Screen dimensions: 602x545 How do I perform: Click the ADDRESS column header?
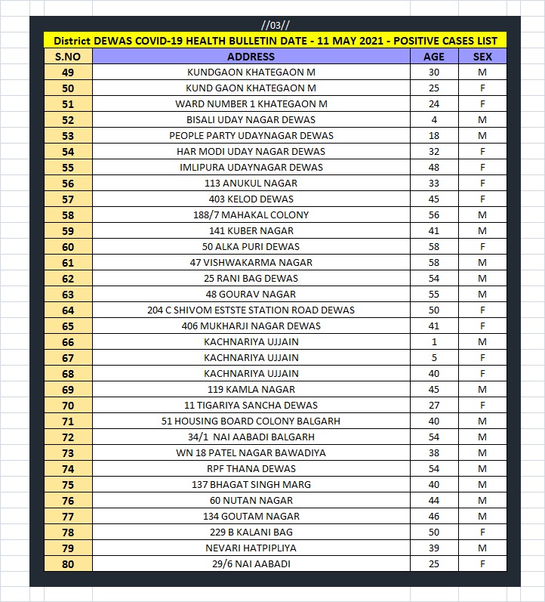(251, 57)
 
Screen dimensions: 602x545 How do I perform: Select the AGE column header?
(434, 57)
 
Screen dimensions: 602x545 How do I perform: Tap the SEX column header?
(482, 57)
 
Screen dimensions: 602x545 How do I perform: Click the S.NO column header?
(68, 57)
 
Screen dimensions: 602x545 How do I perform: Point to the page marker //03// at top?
(274, 25)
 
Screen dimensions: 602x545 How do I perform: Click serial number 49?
(68, 73)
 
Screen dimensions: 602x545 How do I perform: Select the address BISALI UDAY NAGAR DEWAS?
(251, 120)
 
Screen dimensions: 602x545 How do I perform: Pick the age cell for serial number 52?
(434, 120)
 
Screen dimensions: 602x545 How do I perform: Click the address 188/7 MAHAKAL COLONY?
(251, 215)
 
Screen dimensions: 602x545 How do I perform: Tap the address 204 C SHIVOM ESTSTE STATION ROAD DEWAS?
(251, 310)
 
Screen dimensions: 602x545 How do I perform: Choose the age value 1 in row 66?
(434, 342)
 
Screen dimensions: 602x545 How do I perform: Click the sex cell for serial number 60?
(482, 247)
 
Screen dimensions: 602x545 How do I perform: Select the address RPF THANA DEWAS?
(251, 469)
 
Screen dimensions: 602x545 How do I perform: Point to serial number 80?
(68, 564)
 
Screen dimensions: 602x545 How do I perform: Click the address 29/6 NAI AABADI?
(251, 564)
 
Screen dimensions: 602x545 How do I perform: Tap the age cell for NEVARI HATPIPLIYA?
(434, 548)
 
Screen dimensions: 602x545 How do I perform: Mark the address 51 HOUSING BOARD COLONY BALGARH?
(251, 421)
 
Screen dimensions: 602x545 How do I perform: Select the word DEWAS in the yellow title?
(116, 41)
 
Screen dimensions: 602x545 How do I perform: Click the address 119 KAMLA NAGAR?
(251, 390)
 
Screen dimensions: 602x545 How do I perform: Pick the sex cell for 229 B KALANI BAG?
(482, 533)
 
